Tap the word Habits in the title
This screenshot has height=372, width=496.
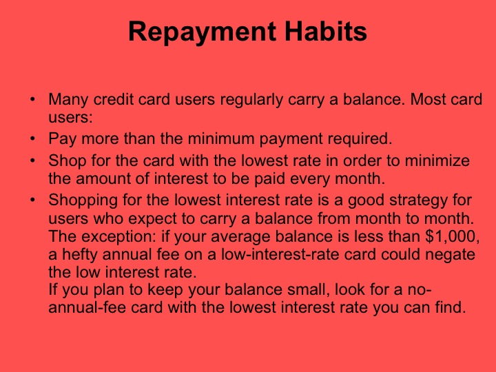coord(327,32)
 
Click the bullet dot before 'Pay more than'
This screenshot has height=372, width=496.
coord(32,138)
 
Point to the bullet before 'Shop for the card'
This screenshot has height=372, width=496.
coord(32,161)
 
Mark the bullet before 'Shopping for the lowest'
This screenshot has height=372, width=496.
coord(32,201)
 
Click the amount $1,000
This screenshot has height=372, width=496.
coord(454,237)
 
